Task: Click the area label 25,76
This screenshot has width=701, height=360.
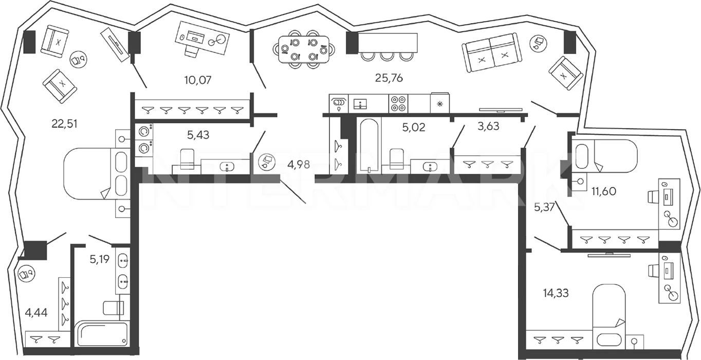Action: click(389, 78)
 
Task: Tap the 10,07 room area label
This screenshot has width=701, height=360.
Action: click(198, 80)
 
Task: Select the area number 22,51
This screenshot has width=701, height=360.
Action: click(64, 123)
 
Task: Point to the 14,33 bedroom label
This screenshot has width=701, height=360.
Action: click(556, 293)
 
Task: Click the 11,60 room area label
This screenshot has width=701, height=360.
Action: click(604, 191)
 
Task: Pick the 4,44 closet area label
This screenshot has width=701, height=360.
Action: click(36, 312)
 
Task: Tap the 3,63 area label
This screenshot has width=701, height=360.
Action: click(488, 126)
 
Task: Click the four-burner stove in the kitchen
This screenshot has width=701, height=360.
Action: click(398, 103)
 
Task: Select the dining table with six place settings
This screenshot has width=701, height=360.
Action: click(304, 49)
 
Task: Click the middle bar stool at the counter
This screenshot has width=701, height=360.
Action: click(387, 57)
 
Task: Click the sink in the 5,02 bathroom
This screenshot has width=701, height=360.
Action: click(430, 167)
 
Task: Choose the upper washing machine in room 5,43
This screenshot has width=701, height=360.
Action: click(144, 132)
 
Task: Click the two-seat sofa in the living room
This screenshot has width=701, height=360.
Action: click(492, 53)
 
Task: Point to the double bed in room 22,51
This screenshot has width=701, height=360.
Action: click(97, 174)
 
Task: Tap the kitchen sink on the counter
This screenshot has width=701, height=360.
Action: click(362, 104)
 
